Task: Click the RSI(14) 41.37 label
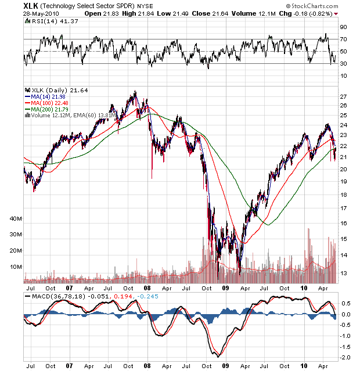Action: point(48,21)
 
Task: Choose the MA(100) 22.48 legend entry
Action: point(51,103)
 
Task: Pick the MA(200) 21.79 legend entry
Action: point(51,109)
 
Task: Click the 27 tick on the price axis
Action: point(344,96)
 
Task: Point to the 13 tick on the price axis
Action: point(344,273)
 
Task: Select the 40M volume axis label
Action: point(16,218)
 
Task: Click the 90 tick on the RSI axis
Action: point(344,27)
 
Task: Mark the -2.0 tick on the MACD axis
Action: point(345,356)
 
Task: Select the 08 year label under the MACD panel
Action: point(147,367)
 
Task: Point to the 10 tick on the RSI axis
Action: point(344,75)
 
